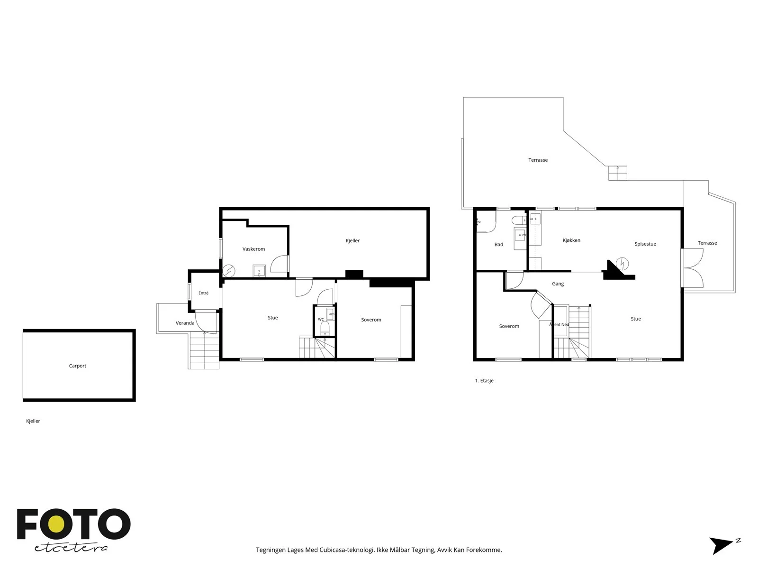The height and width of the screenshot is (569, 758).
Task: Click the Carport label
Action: (x=77, y=366)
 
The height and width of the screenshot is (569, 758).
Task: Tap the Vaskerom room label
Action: (x=253, y=249)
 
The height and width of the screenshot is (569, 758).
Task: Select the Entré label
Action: (x=203, y=293)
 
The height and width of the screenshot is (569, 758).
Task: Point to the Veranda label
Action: (x=185, y=323)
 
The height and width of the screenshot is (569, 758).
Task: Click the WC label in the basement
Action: (x=321, y=319)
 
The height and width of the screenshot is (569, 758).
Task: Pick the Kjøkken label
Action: (x=571, y=240)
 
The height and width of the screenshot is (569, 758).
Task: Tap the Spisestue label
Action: (x=645, y=244)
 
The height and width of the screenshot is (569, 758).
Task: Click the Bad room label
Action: (x=499, y=244)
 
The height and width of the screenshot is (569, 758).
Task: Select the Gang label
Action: (x=558, y=284)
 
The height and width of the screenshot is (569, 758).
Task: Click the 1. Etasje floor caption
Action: (x=484, y=380)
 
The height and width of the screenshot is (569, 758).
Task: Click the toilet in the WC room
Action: (x=325, y=328)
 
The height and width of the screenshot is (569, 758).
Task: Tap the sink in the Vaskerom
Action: (x=259, y=271)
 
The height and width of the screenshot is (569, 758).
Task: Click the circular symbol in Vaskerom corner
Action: (x=229, y=271)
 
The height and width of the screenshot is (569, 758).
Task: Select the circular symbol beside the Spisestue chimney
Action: (x=622, y=264)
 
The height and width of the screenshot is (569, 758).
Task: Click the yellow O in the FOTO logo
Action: (x=56, y=524)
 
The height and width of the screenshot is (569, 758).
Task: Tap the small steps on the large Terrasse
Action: (x=617, y=173)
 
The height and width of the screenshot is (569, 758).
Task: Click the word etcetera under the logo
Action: (x=71, y=548)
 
